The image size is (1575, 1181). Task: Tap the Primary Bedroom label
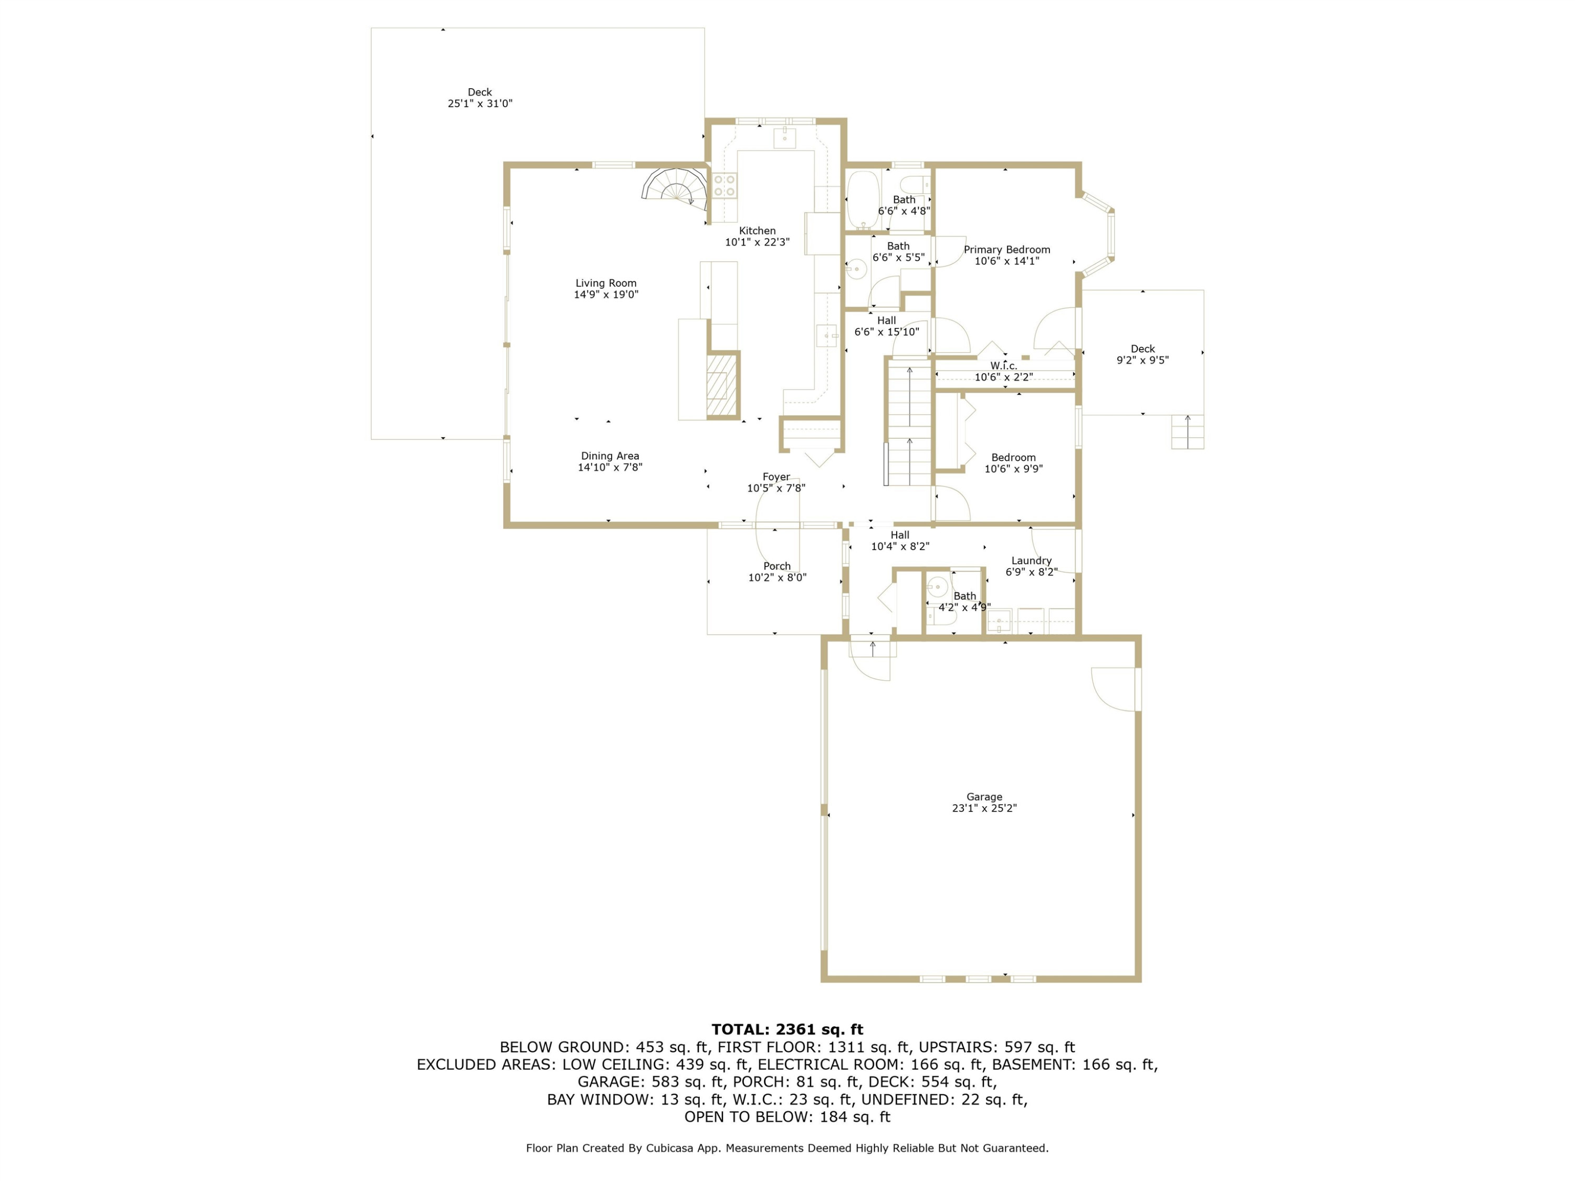[x=1007, y=249]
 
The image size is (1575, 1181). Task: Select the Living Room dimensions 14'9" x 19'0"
[x=606, y=294]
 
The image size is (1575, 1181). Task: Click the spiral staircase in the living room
[x=675, y=186]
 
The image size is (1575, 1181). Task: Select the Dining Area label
[x=610, y=456]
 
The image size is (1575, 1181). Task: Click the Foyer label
[x=776, y=477]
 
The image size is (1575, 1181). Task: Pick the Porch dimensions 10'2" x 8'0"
[x=777, y=577]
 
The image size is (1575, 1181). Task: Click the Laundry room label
[x=1031, y=560]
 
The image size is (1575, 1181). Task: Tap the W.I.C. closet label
[x=1003, y=366]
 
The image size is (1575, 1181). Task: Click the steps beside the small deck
[x=1188, y=431]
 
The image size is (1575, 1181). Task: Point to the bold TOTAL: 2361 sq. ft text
[x=787, y=1029]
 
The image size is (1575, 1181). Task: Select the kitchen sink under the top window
[x=785, y=136]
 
